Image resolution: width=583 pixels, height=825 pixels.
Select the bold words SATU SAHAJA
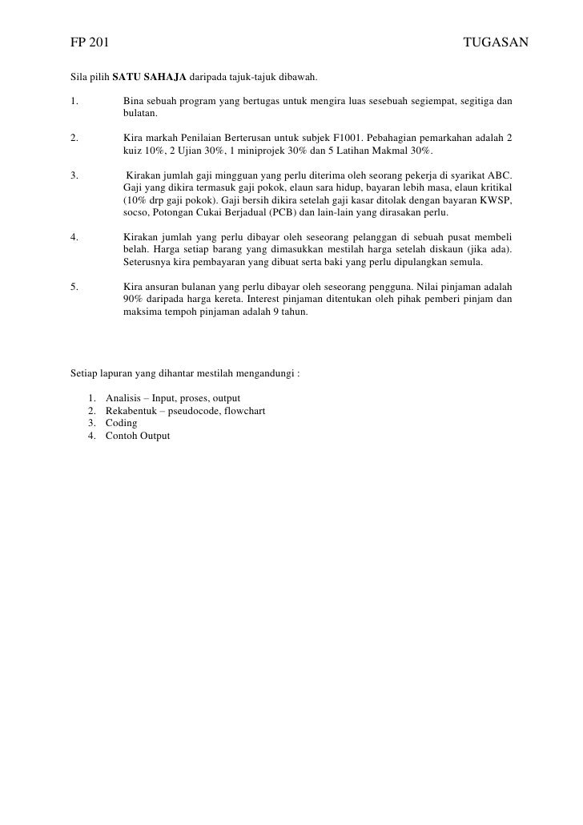148,78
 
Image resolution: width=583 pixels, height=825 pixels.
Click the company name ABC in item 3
501,175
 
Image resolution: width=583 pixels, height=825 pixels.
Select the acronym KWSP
497,199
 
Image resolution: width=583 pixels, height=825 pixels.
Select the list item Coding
121,423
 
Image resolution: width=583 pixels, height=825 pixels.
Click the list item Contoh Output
137,435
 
